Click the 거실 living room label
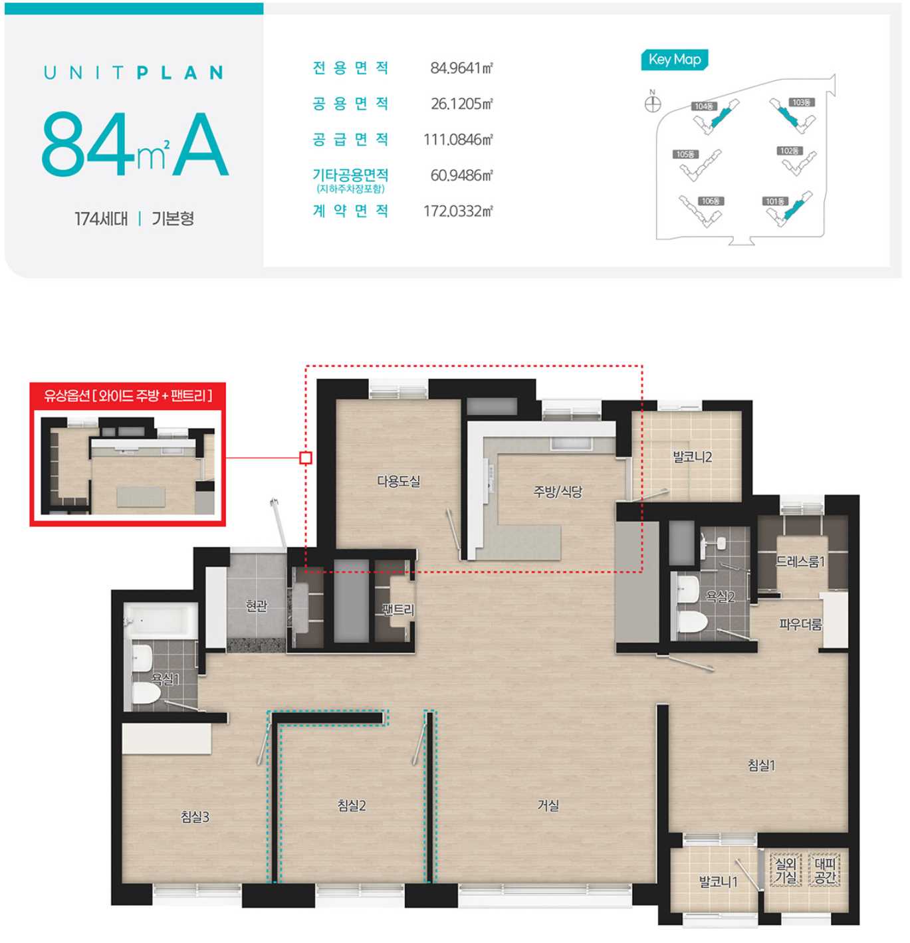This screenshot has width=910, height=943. pyautogui.click(x=547, y=806)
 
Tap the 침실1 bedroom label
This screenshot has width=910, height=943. pyautogui.click(x=760, y=766)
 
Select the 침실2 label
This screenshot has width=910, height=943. pyautogui.click(x=351, y=806)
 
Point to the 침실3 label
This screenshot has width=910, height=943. pyautogui.click(x=194, y=817)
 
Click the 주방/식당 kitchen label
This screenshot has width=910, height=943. pyautogui.click(x=557, y=492)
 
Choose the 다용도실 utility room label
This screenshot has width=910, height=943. pyautogui.click(x=399, y=480)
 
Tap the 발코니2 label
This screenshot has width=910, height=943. pyautogui.click(x=692, y=457)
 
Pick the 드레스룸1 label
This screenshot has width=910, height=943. pyautogui.click(x=800, y=561)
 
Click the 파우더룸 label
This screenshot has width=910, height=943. pyautogui.click(x=800, y=625)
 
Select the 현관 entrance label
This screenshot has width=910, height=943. pyautogui.click(x=256, y=605)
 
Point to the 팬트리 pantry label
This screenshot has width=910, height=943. pyautogui.click(x=398, y=609)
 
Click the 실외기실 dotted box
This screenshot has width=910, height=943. pyautogui.click(x=785, y=871)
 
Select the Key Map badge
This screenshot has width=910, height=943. pyautogui.click(x=674, y=60)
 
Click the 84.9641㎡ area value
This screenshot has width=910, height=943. pyautogui.click(x=461, y=68)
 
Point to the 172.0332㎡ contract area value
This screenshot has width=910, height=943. pyautogui.click(x=458, y=211)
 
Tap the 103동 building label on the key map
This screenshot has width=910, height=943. pyautogui.click(x=801, y=102)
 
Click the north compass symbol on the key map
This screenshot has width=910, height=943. pyautogui.click(x=653, y=103)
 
